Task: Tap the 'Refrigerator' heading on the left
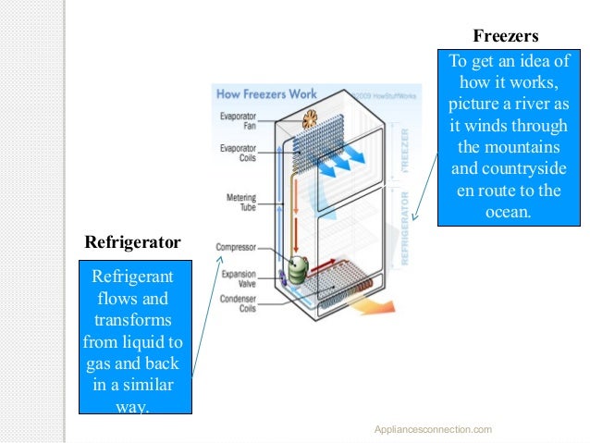(132, 243)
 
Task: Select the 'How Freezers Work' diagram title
(266, 94)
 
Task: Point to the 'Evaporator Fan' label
(239, 120)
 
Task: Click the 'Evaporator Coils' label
(239, 152)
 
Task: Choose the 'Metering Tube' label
(241, 203)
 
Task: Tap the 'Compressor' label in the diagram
(236, 247)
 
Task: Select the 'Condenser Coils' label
(239, 304)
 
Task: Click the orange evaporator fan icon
(316, 119)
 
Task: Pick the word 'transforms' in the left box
(132, 321)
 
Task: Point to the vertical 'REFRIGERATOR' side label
(406, 228)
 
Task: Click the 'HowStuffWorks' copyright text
(370, 93)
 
